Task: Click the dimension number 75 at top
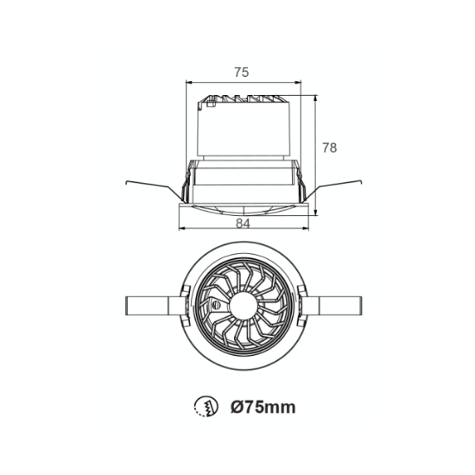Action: [242, 73]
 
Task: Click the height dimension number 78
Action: [330, 148]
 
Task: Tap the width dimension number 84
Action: [243, 224]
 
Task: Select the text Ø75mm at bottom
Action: [263, 407]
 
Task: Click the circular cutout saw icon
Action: [206, 407]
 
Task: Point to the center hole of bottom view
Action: [244, 306]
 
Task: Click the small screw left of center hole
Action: [216, 305]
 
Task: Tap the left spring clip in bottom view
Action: [155, 306]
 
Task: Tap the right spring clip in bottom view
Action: [332, 306]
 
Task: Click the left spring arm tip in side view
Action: [126, 182]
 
